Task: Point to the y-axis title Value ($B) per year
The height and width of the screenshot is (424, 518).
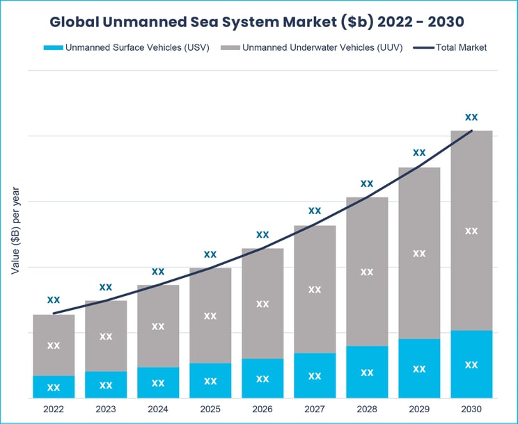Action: coord(15,230)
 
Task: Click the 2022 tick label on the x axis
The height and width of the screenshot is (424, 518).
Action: coord(54,409)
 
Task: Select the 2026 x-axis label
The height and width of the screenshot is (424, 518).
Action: coord(262,409)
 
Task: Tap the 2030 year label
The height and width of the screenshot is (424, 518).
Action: coord(471,409)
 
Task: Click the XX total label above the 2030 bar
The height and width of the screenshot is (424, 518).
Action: coord(471,117)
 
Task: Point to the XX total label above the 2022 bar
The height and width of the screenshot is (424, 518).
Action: coord(54,300)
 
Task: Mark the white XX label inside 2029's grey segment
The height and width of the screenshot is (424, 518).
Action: coord(419,253)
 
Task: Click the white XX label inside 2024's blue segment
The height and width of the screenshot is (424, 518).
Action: coord(158,382)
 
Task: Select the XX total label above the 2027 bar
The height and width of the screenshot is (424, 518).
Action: coord(315,210)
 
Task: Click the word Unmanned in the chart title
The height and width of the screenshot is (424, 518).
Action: coord(143,22)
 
